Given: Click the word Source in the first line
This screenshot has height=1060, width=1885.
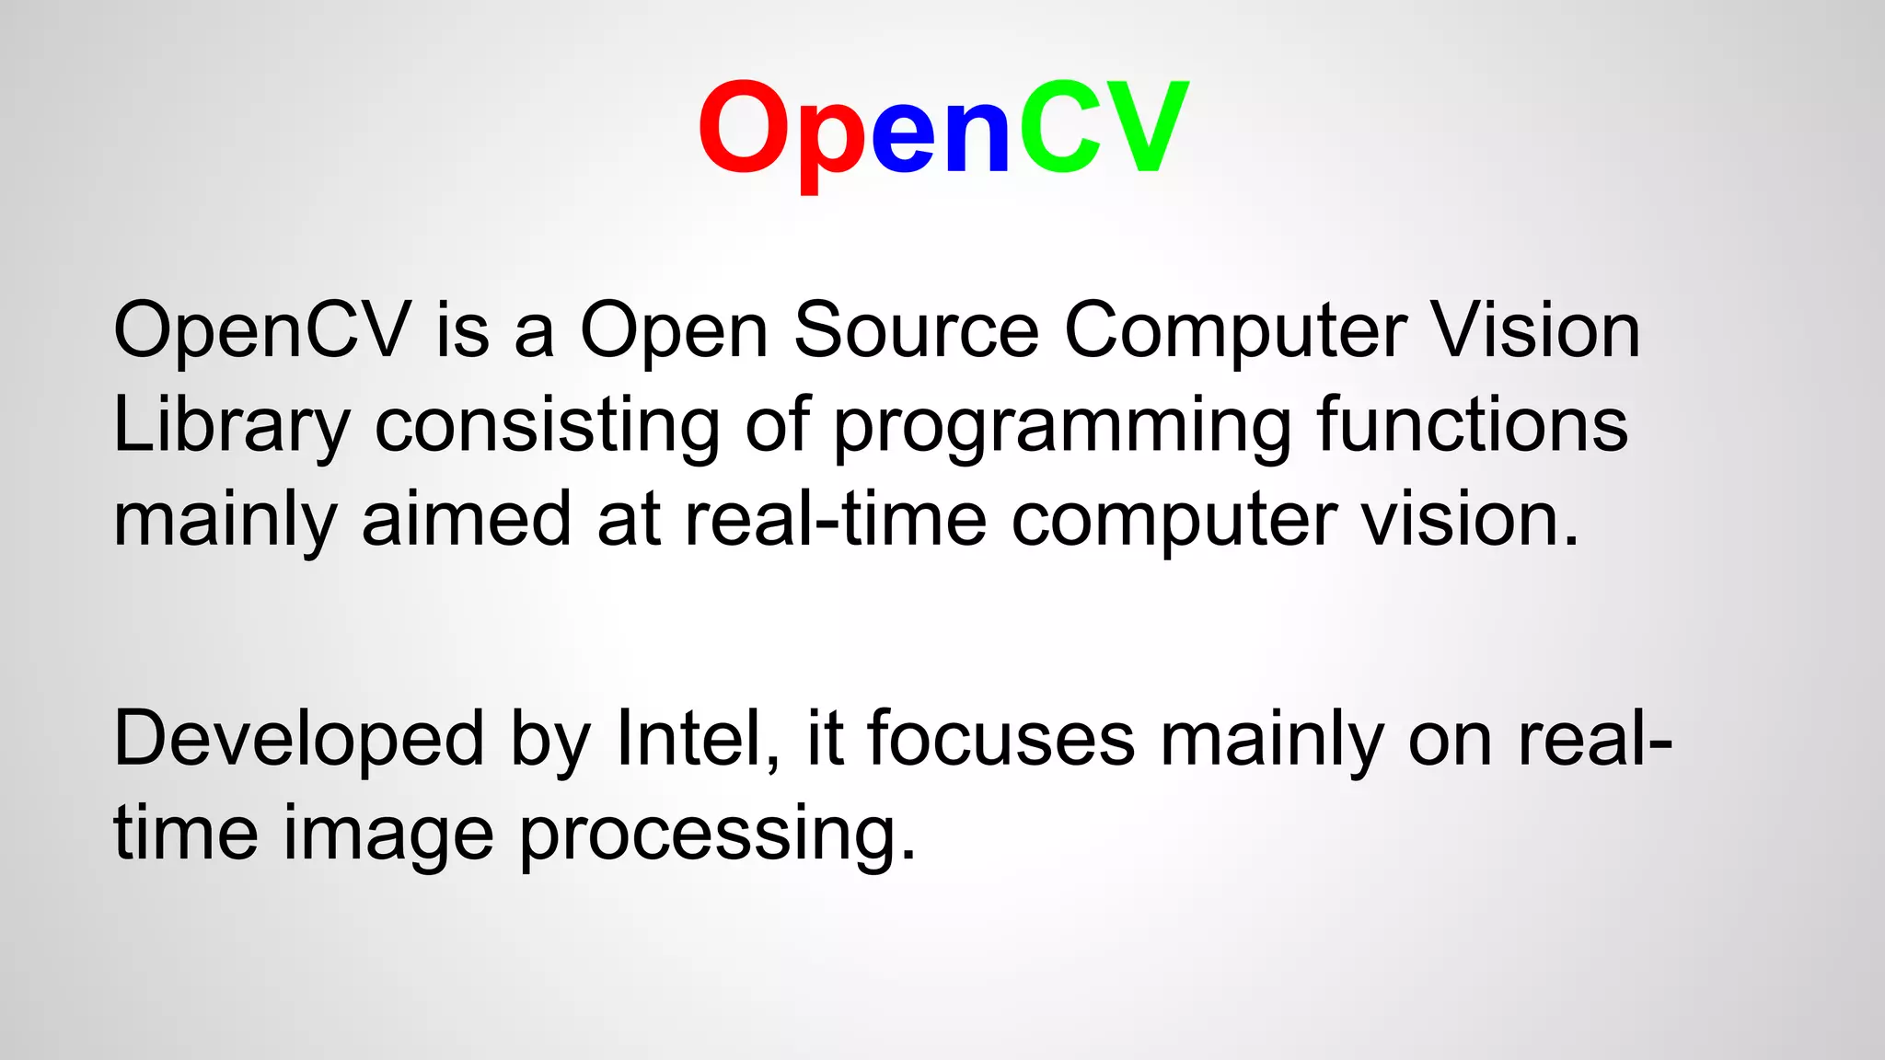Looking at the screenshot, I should click(916, 330).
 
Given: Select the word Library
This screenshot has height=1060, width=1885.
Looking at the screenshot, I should click(231, 427).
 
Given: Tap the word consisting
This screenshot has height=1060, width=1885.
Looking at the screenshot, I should click(548, 425).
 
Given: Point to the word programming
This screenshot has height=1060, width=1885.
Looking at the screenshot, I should click(1062, 427).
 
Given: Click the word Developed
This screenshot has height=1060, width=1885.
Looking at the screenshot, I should click(298, 740).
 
